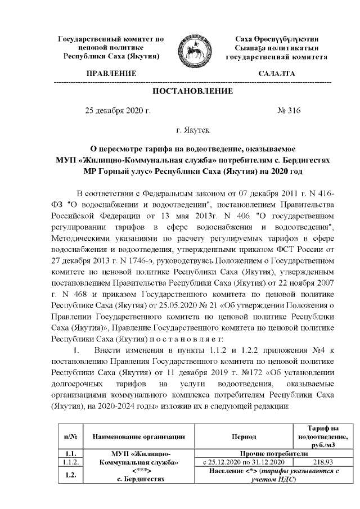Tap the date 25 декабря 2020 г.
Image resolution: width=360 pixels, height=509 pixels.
tap(118, 111)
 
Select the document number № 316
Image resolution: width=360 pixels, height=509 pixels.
tap(289, 111)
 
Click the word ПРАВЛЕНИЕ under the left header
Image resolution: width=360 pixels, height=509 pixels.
tap(111, 74)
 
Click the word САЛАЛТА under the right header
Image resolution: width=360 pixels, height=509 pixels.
tap(276, 74)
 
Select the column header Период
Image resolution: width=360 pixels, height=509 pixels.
tap(243, 436)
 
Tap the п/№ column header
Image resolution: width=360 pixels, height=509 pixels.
tap(70, 436)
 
